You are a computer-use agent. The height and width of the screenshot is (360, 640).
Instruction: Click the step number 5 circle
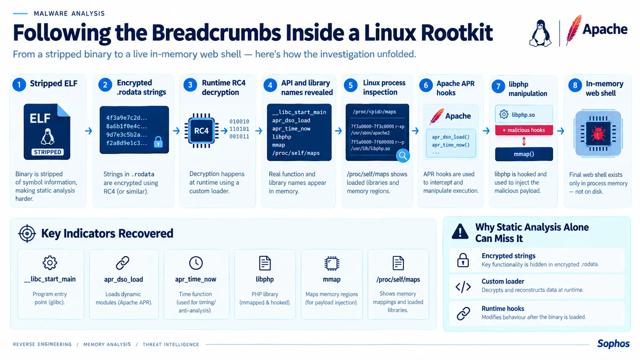(351, 85)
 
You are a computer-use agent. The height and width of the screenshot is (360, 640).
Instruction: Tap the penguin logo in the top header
(540, 33)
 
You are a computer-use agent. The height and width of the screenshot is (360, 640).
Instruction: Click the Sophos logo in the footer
(613, 344)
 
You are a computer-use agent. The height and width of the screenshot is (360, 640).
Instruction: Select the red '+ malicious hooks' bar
(524, 130)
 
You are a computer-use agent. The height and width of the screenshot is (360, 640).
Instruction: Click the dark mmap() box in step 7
(524, 154)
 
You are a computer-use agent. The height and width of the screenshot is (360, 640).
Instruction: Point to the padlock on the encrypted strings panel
(158, 142)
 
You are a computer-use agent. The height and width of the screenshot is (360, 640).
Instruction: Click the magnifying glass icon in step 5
(403, 156)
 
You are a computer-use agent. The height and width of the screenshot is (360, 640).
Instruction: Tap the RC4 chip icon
(201, 131)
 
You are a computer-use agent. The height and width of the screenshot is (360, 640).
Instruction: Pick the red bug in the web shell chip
(598, 134)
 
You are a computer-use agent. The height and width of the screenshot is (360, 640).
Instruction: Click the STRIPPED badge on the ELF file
(47, 152)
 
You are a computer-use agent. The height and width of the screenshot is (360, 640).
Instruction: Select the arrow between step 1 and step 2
(88, 131)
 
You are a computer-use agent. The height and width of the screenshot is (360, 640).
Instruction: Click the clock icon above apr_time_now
(196, 263)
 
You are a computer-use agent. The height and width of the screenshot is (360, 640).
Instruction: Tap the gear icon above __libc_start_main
(50, 263)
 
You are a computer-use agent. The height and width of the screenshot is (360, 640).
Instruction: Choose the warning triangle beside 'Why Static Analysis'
(460, 231)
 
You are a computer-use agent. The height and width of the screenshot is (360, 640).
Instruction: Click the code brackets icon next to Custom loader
(463, 287)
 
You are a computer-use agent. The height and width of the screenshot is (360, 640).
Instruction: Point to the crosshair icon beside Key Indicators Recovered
(27, 233)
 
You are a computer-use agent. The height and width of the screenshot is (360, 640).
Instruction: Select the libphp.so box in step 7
(524, 114)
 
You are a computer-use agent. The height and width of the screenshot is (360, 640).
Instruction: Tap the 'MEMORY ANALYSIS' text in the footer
(107, 345)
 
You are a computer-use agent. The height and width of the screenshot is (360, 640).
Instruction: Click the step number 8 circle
(575, 85)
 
